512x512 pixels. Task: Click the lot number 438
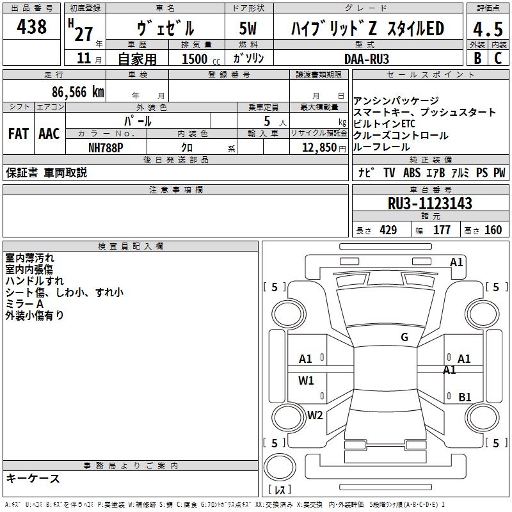31,27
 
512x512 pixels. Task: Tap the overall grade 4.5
488,29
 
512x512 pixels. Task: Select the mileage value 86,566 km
78,92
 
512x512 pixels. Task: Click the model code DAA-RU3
367,59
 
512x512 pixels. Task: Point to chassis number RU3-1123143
429,203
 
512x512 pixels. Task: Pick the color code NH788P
106,148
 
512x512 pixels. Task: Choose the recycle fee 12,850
319,148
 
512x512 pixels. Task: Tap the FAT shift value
19,134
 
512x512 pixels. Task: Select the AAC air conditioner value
49,134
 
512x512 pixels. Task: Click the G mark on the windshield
404,337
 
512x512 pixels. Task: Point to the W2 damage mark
315,415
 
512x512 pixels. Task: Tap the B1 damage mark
465,397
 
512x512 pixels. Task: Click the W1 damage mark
306,380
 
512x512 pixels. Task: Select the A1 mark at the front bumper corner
456,262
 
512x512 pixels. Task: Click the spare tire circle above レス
280,467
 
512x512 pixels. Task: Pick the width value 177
442,230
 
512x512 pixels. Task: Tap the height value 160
493,230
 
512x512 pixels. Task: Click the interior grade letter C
498,58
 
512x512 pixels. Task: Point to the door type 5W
248,28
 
